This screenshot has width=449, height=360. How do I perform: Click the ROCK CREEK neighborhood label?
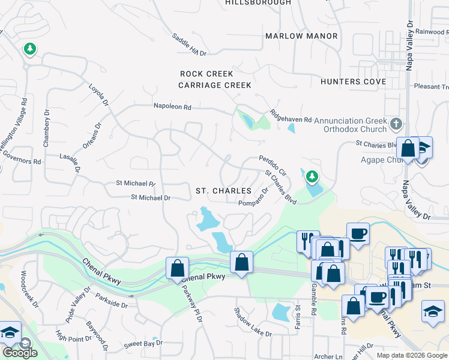206,74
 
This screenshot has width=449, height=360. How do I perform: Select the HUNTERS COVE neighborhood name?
353,82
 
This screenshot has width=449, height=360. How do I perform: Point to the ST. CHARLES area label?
224,191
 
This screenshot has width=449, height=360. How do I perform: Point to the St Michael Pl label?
135,184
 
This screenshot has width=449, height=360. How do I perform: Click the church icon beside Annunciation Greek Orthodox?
395,124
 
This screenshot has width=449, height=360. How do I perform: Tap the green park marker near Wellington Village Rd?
29,48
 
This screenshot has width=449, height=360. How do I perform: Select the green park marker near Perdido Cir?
311,176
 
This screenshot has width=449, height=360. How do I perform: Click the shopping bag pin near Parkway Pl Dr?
178,267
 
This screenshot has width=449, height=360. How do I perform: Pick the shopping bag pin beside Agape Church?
408,149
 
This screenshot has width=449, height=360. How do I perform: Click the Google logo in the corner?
19,353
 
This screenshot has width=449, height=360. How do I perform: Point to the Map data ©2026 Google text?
412,355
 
